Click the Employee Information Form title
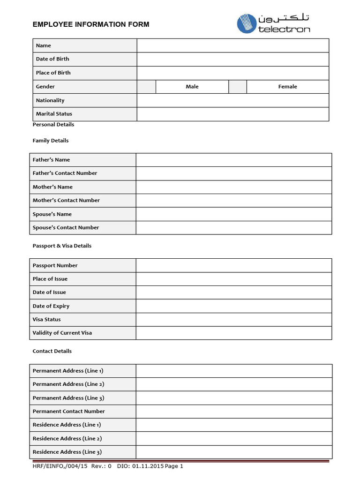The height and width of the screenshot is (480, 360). coord(91,24)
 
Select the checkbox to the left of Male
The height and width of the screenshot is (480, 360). coord(146,87)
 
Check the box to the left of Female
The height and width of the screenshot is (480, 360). coord(238,87)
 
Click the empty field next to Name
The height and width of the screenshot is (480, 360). coord(232,45)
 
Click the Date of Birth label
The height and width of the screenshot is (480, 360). coord(52,59)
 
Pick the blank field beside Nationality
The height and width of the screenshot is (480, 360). coord(232,100)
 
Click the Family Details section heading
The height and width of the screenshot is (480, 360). coord(51,141)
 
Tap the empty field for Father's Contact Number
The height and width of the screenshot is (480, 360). coord(233,173)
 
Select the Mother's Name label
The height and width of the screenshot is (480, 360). coord(52,187)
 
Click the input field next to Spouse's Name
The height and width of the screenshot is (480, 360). coord(233,214)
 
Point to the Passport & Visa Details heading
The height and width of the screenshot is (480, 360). coord(62,246)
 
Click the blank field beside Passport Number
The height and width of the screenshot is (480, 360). coord(233,265)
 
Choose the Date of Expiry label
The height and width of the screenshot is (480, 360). coord(51,306)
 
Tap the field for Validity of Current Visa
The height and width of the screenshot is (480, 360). coord(233,333)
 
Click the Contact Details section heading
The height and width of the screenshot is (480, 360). coord(52,351)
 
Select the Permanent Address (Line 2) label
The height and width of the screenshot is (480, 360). coord(68,384)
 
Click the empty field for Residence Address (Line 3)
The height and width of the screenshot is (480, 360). coord(233,452)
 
